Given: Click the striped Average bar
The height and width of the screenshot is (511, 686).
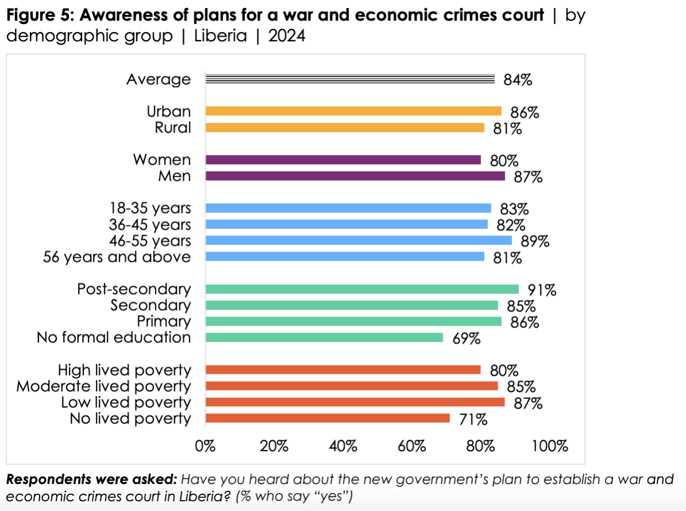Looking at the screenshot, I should click(350, 79).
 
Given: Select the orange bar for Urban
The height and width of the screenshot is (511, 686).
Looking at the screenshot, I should click(353, 111).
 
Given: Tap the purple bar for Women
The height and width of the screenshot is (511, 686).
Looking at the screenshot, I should click(343, 160).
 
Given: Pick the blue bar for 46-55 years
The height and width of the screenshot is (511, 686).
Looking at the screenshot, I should click(358, 241).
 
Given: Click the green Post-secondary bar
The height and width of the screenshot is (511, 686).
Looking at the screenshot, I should click(362, 289).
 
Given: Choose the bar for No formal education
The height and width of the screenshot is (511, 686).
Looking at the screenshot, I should click(324, 338).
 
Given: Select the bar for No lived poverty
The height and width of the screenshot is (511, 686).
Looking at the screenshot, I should click(327, 419).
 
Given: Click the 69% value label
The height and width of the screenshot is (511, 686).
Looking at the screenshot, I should click(466, 339).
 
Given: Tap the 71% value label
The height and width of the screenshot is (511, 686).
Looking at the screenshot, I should click(473, 420).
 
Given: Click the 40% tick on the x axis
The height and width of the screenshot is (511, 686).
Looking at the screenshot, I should click(343, 446).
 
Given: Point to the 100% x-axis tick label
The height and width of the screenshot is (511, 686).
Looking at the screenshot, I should click(550, 446).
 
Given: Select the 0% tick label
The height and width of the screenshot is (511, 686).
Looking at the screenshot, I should click(205, 446).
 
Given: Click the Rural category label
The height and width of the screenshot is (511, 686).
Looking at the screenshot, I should click(173, 127).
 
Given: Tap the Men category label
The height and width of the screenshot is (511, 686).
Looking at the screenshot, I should click(175, 176).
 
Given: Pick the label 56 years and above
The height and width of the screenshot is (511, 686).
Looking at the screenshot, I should click(117, 257).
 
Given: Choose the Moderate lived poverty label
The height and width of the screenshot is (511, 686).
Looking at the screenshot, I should click(103, 386).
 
